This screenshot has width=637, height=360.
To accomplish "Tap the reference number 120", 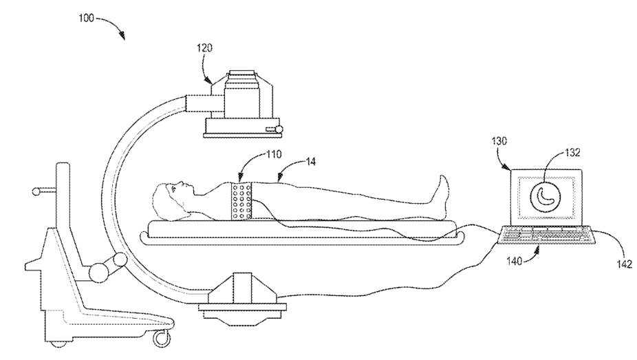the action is pyautogui.click(x=204, y=49).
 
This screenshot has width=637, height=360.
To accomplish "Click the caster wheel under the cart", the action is pyautogui.click(x=161, y=338).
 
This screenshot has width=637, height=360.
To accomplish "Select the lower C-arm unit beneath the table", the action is pyautogui.click(x=241, y=295).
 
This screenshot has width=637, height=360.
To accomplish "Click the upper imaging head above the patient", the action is pyautogui.click(x=241, y=103).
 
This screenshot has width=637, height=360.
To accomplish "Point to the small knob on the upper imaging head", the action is pyautogui.click(x=279, y=129).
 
